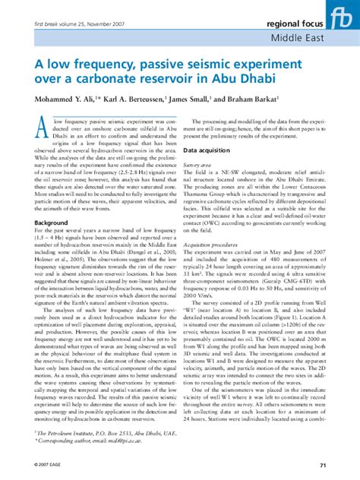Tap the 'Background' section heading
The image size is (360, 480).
point(52,223)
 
